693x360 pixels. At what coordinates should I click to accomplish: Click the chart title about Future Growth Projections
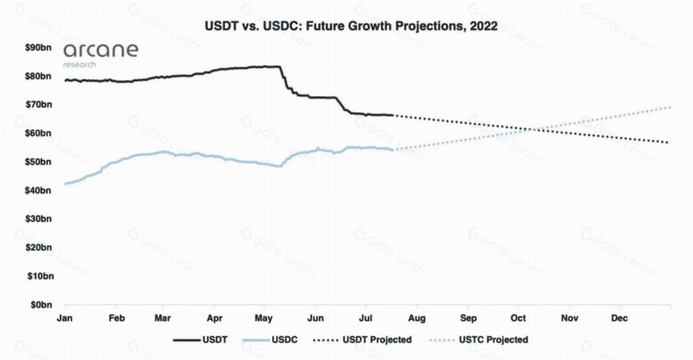pyautogui.click(x=351, y=26)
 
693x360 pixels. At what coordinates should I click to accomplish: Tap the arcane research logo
pyautogui.click(x=100, y=54)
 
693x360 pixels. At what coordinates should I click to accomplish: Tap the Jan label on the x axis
pyautogui.click(x=65, y=318)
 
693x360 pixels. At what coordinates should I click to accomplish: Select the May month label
pyautogui.click(x=264, y=318)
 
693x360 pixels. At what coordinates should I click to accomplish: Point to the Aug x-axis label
pyautogui.click(x=417, y=318)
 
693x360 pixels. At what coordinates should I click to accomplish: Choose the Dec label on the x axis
pyautogui.click(x=619, y=318)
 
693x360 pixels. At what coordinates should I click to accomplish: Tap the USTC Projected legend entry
pyautogui.click(x=478, y=340)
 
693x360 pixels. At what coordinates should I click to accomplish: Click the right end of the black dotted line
pyautogui.click(x=669, y=142)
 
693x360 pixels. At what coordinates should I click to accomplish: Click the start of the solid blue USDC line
pyautogui.click(x=65, y=184)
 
